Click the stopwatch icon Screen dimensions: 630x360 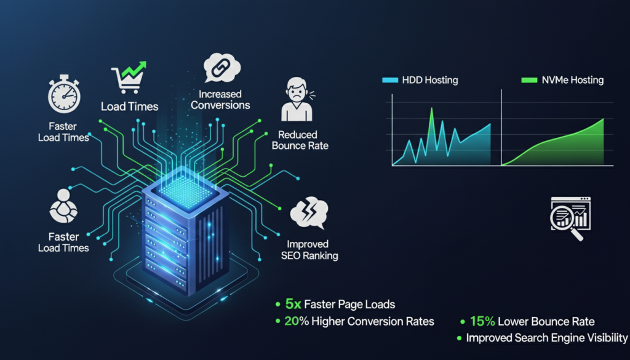click(64, 94)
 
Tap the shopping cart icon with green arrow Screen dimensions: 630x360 click(129, 78)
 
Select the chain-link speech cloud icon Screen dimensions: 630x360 click(221, 68)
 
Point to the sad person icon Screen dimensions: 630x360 click(298, 99)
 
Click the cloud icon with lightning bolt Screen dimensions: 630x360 click(309, 212)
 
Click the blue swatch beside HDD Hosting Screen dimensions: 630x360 click(389, 80)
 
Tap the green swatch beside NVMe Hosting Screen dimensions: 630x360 click(529, 80)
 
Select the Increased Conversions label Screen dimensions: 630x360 click(220, 100)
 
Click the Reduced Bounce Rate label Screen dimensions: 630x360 click(300, 140)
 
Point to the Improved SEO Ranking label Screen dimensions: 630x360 click(309, 250)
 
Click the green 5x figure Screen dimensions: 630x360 click(293, 304)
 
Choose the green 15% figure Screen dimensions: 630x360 click(482, 321)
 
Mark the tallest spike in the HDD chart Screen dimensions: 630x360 click(432, 108)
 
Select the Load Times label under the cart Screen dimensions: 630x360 click(129, 106)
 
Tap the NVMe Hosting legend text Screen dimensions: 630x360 click(573, 80)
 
